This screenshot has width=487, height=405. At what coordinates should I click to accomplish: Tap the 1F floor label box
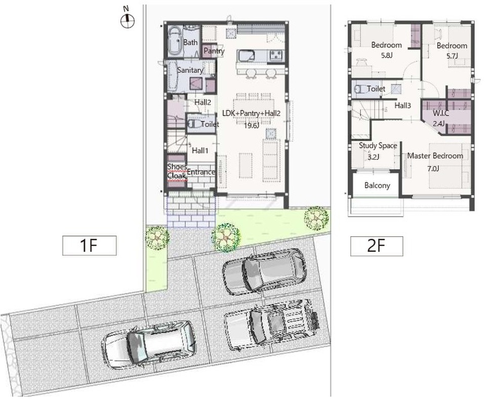tap(90, 246)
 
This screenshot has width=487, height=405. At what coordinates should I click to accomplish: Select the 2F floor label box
tap(377, 246)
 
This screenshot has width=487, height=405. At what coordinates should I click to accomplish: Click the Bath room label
tap(190, 42)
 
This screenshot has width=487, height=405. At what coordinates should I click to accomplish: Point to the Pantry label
tap(214, 51)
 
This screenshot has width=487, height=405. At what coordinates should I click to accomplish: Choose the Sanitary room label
tap(190, 70)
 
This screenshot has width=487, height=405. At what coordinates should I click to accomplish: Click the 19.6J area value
tap(252, 126)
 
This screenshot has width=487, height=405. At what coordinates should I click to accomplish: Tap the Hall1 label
tap(200, 151)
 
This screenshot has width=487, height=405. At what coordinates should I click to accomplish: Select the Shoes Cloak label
tap(177, 171)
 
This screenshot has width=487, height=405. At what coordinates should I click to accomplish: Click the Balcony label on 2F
tap(377, 185)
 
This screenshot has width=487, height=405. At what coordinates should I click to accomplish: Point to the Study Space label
tap(378, 145)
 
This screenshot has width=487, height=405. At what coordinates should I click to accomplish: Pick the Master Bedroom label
tap(435, 155)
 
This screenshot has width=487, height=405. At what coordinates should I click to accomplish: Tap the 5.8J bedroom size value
tap(387, 56)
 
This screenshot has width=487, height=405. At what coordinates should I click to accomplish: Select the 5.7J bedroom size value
tap(452, 56)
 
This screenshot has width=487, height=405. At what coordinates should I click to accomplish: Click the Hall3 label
tap(402, 106)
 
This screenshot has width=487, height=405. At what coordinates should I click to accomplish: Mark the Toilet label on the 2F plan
tap(376, 89)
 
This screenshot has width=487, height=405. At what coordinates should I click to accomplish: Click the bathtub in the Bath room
tap(175, 41)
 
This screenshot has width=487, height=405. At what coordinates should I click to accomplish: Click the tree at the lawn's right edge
tap(316, 218)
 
